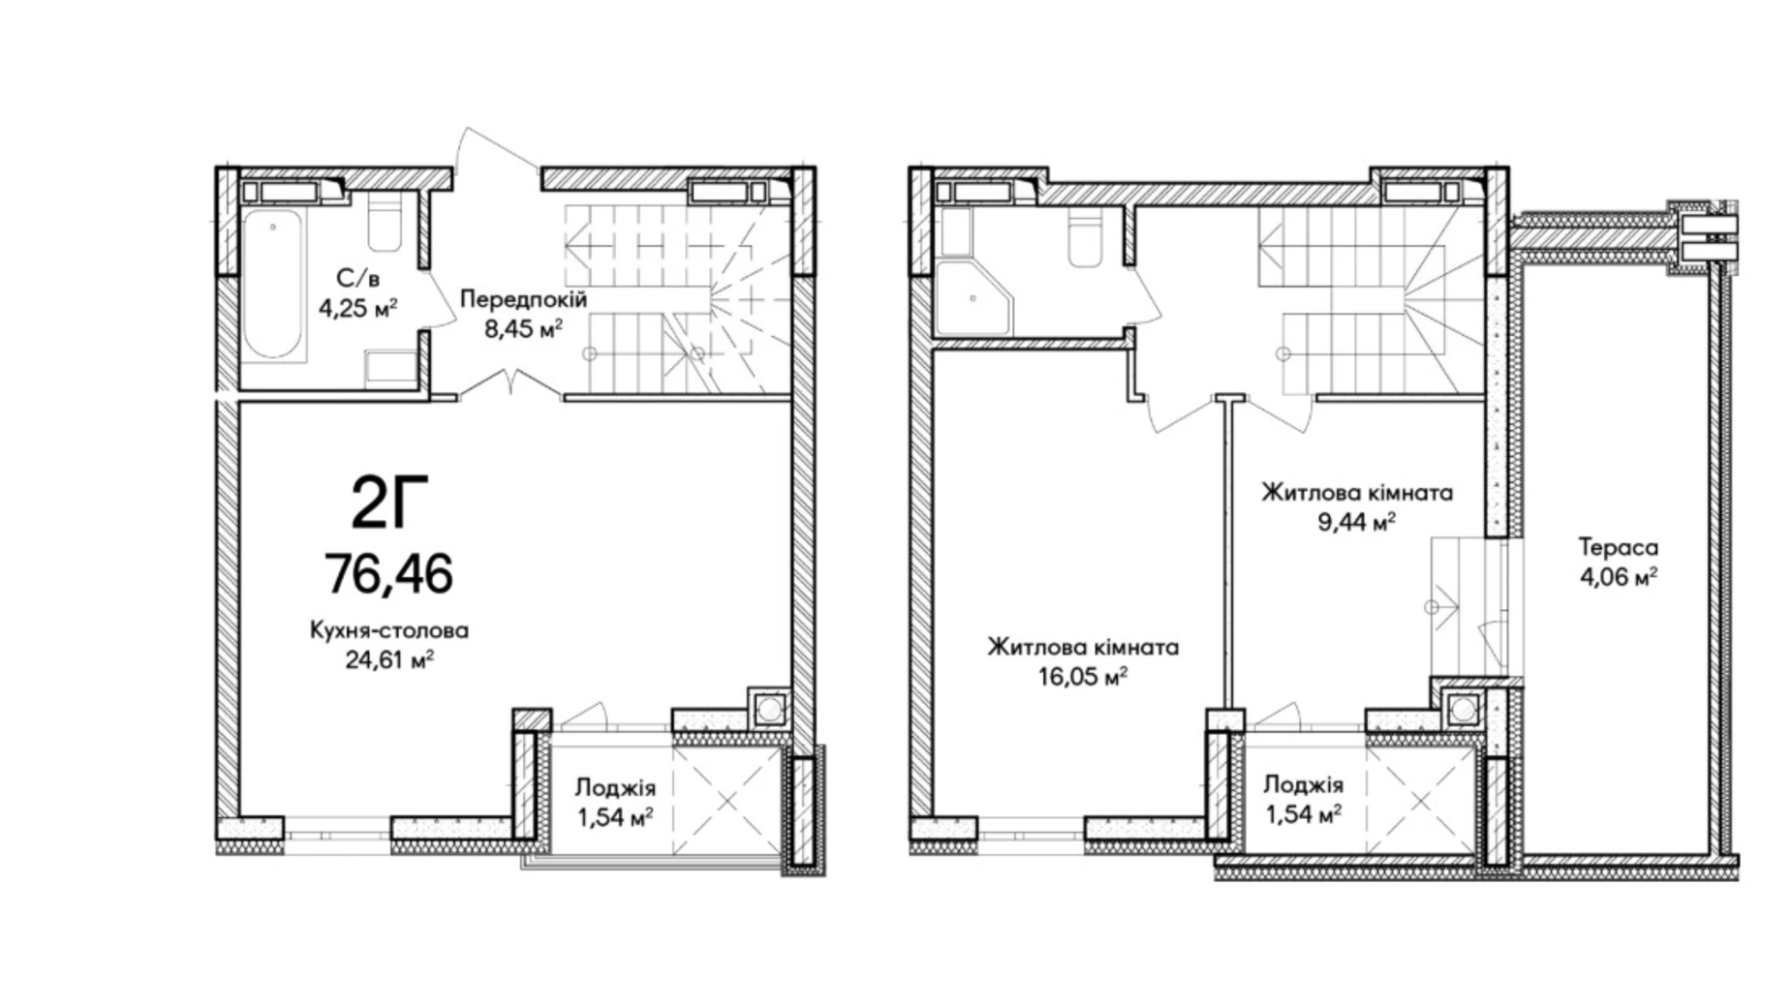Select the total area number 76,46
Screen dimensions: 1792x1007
[388, 573]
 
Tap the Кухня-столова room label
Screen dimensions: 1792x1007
[388, 630]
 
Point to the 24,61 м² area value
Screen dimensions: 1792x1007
[388, 659]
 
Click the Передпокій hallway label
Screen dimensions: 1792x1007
[523, 299]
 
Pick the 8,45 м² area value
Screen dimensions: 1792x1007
[523, 328]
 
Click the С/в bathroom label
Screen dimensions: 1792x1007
[358, 279]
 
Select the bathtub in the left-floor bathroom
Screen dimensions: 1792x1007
[273, 286]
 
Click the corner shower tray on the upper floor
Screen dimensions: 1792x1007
[972, 296]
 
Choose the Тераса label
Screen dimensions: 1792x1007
[1618, 547]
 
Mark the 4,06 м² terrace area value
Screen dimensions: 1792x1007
[1618, 577]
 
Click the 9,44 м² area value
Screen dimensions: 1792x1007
[1356, 523]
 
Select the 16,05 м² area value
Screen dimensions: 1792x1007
[1083, 676]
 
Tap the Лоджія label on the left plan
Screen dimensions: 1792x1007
[615, 787]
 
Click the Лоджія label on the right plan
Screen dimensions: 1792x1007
[1303, 784]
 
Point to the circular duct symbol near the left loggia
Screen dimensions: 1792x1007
[769, 709]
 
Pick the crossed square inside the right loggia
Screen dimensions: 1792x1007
[1420, 800]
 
